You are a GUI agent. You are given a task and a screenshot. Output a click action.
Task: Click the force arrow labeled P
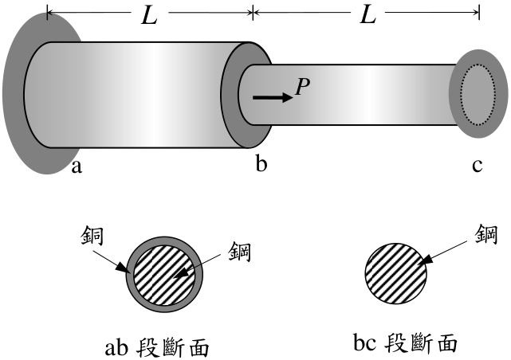(x=273, y=97)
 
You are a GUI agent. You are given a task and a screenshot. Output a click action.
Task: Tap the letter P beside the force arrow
(x=302, y=88)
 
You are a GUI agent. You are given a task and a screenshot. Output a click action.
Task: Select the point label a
(x=77, y=167)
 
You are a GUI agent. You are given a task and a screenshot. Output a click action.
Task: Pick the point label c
(x=477, y=166)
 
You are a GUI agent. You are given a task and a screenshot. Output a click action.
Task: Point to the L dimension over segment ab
(x=150, y=16)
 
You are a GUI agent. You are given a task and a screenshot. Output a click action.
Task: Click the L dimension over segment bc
(x=368, y=14)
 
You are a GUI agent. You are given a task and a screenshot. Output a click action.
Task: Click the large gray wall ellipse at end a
(x=13, y=95)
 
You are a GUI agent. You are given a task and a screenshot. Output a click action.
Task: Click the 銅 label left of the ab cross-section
(x=92, y=235)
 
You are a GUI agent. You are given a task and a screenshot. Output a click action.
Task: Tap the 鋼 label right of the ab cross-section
(x=239, y=251)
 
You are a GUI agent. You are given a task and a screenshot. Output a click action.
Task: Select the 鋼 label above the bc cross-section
(x=486, y=234)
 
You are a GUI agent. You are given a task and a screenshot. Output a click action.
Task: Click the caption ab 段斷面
(x=157, y=348)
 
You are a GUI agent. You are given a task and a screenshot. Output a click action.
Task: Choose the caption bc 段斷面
(x=406, y=342)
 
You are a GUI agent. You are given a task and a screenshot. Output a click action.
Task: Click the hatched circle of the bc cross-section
(x=396, y=273)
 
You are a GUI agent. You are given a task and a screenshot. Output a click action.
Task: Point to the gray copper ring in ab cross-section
(x=129, y=275)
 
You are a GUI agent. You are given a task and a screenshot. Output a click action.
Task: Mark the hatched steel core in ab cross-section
(x=164, y=275)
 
